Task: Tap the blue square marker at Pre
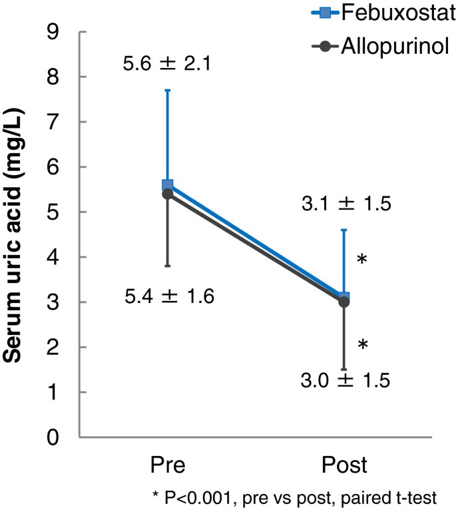[x=168, y=185]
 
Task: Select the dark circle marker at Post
[x=344, y=302]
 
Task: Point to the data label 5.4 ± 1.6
[x=169, y=297]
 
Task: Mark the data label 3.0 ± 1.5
[x=344, y=381]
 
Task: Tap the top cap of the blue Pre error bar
[x=168, y=90]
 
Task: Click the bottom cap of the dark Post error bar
[x=344, y=370]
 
